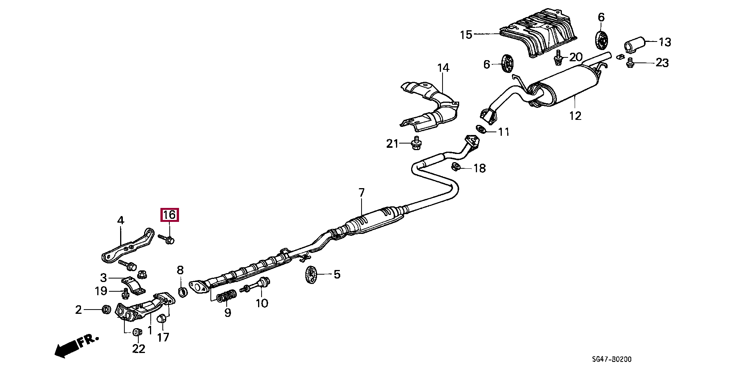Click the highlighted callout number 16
click(170, 215)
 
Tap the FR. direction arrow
click(76, 345)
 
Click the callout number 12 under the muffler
click(575, 115)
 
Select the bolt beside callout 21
click(416, 144)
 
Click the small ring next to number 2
click(105, 309)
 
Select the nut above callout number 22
click(136, 332)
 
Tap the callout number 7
click(361, 192)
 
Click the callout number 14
click(443, 68)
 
